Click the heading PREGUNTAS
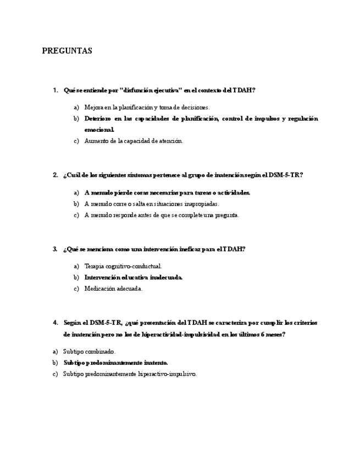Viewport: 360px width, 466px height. pyautogui.click(x=67, y=51)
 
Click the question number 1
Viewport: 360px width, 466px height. pyautogui.click(x=55, y=90)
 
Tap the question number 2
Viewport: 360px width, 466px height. pyautogui.click(x=55, y=175)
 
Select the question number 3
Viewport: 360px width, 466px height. pyautogui.click(x=55, y=249)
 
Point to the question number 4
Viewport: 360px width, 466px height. pyautogui.click(x=55, y=323)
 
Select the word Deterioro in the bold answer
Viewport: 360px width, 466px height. pyautogui.click(x=98, y=119)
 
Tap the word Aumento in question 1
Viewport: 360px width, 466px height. pyautogui.click(x=96, y=141)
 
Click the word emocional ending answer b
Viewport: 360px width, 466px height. pyautogui.click(x=99, y=130)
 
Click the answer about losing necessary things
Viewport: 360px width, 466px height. pyautogui.click(x=167, y=193)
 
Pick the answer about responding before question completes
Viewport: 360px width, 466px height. pyautogui.click(x=162, y=215)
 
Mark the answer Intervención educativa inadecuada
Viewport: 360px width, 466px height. pyautogui.click(x=133, y=278)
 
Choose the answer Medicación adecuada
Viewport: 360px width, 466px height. pyautogui.click(x=113, y=289)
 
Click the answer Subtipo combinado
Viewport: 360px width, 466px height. pyautogui.click(x=89, y=352)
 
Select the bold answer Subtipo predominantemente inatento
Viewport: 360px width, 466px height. pyautogui.click(x=115, y=363)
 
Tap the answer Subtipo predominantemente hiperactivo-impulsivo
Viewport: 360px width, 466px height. pyautogui.click(x=129, y=374)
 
